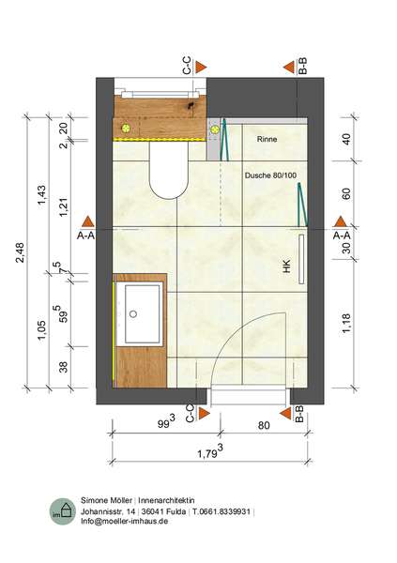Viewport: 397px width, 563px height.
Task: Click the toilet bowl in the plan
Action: [169, 170]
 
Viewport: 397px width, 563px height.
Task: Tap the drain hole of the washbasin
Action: [133, 314]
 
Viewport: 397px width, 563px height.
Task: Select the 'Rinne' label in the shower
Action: [267, 139]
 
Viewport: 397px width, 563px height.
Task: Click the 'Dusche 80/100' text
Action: [270, 175]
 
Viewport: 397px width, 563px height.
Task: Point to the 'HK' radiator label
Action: [286, 266]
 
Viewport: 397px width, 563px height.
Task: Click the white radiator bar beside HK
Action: [301, 259]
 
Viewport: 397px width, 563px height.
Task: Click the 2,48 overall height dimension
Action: [20, 252]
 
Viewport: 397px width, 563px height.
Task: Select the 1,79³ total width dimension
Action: [210, 452]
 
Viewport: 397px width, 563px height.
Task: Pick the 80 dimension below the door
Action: [264, 425]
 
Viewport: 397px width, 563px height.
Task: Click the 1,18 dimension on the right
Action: [346, 323]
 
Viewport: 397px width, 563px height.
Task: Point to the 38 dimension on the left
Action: [63, 367]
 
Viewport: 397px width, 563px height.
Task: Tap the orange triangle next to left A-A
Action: [87, 221]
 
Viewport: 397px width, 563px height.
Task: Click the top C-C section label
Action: [187, 66]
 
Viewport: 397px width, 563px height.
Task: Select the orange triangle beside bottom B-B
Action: [285, 413]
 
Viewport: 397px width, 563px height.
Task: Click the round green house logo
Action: [63, 511]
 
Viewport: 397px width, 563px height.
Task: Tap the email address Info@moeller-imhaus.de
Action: [124, 521]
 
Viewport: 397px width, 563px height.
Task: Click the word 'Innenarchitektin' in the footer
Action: [166, 500]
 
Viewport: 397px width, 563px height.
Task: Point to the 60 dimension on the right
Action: [346, 194]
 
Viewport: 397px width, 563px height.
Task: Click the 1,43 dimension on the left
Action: [41, 195]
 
